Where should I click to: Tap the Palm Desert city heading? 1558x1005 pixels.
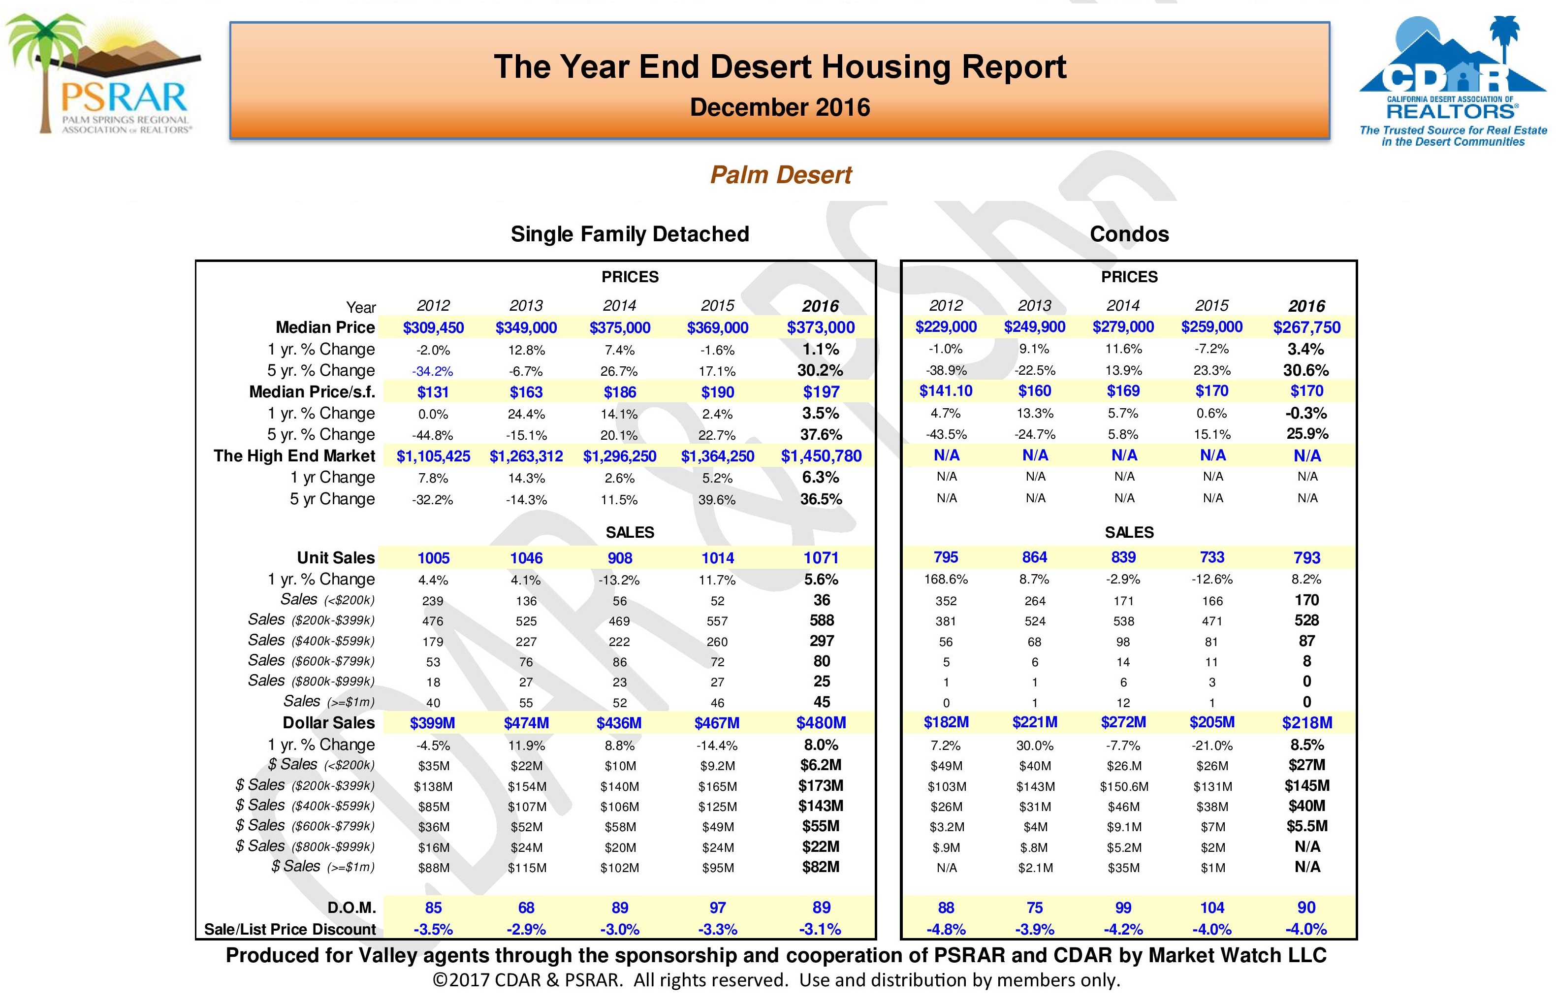[780, 175]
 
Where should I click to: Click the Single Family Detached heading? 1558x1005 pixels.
[630, 233]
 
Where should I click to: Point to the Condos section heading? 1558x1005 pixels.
[1129, 233]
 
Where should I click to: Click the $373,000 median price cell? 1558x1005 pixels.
[821, 327]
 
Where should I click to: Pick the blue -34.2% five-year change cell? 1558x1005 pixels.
[433, 371]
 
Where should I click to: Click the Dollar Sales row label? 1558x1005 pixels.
[328, 723]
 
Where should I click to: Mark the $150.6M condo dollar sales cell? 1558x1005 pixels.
[1123, 786]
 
